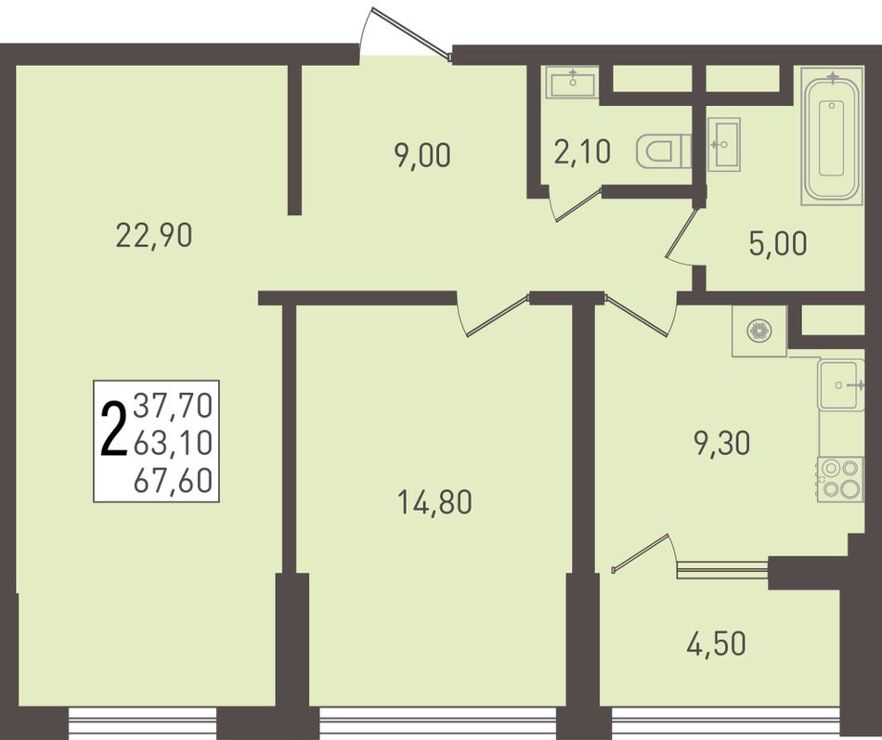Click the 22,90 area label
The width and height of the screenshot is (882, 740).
pos(154,235)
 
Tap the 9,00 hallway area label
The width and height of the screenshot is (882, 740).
pos(422,155)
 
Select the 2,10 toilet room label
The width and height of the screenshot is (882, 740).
pos(582,152)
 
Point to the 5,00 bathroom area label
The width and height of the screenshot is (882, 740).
pos(778,243)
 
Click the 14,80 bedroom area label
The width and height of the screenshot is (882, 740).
pos(435,502)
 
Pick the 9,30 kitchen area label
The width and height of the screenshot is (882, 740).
pos(722,443)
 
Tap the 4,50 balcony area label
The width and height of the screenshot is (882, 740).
pos(716,643)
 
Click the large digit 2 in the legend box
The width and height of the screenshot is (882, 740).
pos(113,429)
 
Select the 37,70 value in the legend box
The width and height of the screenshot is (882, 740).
pos(173,406)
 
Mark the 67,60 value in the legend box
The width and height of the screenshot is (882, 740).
pos(173,481)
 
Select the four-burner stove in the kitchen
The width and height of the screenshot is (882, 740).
pos(840,479)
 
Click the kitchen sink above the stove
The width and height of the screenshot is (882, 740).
pos(841,385)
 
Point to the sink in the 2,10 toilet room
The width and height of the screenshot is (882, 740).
pos(572,83)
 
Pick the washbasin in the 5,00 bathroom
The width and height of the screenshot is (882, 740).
pos(724,144)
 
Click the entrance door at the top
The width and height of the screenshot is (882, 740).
pos(406,32)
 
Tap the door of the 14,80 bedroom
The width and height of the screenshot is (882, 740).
pos(493,315)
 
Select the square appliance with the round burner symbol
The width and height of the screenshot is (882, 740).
pos(759,331)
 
